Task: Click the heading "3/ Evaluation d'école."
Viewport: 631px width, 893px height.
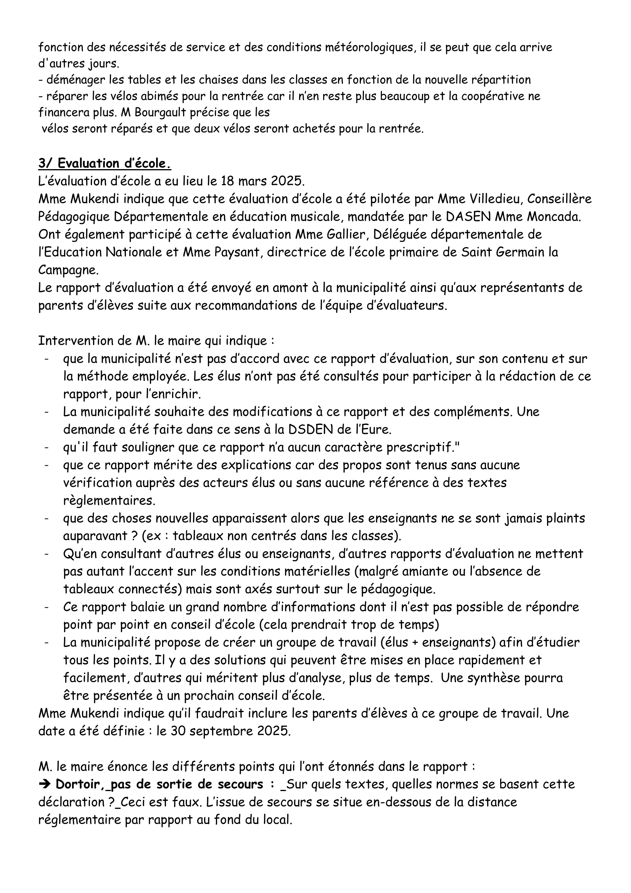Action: [105, 164]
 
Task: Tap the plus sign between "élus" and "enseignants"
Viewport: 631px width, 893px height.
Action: [413, 643]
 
